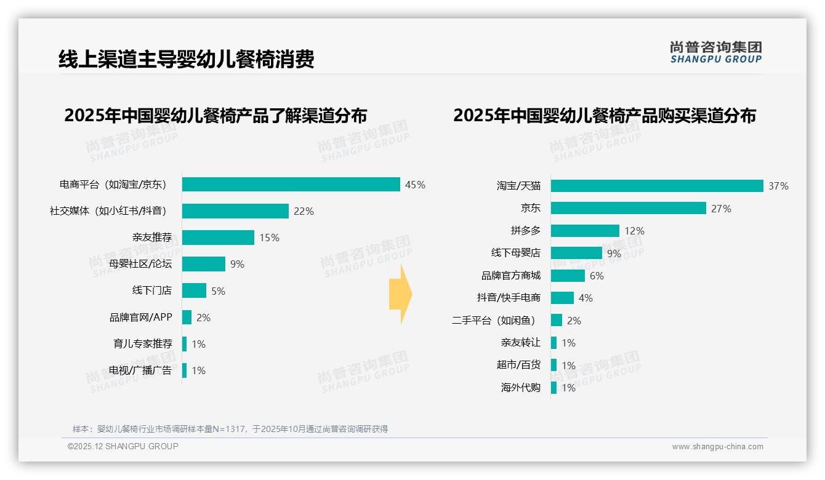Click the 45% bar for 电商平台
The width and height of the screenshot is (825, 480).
[291, 185]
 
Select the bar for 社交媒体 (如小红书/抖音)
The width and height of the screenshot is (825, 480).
[235, 211]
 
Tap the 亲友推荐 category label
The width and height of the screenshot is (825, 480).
[152, 238]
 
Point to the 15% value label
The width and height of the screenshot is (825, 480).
[269, 238]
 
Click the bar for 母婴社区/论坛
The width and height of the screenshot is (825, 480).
[203, 264]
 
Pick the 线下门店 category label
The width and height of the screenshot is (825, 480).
[152, 290]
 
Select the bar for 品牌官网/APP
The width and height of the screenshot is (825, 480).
[187, 317]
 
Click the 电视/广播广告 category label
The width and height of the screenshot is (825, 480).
[140, 370]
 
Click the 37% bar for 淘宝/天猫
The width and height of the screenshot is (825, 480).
[657, 186]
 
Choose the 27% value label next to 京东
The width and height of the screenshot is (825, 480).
[721, 209]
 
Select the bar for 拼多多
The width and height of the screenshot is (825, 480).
[585, 231]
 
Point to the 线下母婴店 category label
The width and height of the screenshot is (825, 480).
[515, 253]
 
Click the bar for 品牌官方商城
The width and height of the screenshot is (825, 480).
[568, 276]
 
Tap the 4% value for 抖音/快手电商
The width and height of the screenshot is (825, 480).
[586, 298]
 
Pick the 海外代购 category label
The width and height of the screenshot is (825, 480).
[521, 388]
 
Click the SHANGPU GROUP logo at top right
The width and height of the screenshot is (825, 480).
[715, 52]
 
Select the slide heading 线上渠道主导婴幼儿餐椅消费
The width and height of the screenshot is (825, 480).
[187, 59]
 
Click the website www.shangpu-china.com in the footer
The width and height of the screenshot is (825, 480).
[717, 447]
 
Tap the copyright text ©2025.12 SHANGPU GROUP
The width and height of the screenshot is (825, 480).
[123, 446]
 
